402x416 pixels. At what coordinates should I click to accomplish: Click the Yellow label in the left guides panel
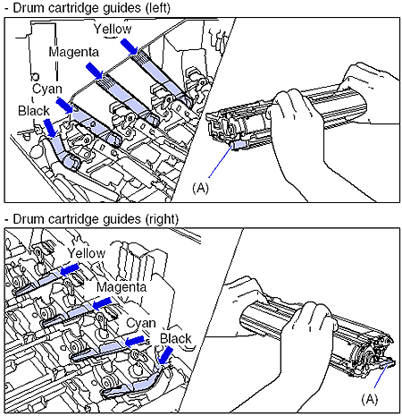click(113, 29)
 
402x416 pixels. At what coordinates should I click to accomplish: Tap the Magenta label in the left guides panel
click(73, 52)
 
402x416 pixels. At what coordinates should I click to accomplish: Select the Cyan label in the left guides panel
click(47, 89)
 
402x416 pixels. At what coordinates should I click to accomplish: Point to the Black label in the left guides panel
click(34, 111)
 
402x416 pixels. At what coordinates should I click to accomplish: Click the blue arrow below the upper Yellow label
click(129, 47)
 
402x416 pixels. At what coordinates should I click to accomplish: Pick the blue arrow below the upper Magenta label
click(95, 71)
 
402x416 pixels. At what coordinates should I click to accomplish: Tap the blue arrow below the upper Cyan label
click(64, 106)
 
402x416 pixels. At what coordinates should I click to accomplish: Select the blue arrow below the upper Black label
click(50, 128)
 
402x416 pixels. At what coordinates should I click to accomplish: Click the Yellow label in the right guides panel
click(87, 253)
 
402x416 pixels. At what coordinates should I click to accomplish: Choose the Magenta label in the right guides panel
click(121, 287)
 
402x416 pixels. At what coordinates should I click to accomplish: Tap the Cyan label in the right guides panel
click(141, 323)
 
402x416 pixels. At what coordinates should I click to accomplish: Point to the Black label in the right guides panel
click(176, 338)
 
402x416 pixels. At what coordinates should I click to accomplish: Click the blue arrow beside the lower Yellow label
click(70, 269)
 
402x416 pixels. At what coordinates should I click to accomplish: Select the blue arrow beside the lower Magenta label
click(102, 303)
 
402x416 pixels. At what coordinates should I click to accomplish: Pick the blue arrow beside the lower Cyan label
click(135, 341)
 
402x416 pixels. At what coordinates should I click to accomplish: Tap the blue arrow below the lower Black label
click(165, 355)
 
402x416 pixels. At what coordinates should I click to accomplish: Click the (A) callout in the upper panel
click(200, 188)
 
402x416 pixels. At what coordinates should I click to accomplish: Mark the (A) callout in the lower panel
click(370, 399)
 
